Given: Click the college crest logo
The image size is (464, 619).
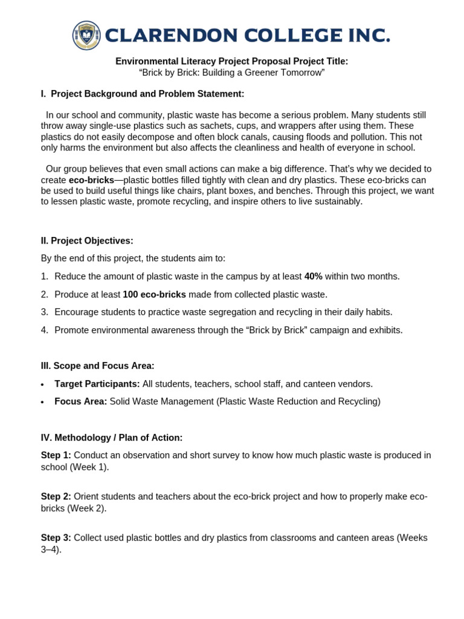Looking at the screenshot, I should pos(87,35).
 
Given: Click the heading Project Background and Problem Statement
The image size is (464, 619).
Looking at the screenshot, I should pos(147,94).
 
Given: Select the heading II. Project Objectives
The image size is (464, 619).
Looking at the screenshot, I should pos(87,241).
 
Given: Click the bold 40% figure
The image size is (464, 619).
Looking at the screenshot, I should pos(313,276).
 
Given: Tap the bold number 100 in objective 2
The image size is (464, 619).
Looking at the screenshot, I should pos(130,294).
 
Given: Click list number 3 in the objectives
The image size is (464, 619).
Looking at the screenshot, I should pos(44,312).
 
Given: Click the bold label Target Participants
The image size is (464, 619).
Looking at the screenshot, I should pos(97,384).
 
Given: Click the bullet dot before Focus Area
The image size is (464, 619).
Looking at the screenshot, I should pos(42,403).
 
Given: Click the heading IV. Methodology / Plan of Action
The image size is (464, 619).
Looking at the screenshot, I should pos(112,437).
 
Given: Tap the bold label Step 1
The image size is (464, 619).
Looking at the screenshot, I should pos(56,455).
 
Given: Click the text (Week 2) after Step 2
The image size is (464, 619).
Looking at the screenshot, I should pos(86,508).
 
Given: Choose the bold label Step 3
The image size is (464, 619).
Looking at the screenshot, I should pos(56,538).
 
